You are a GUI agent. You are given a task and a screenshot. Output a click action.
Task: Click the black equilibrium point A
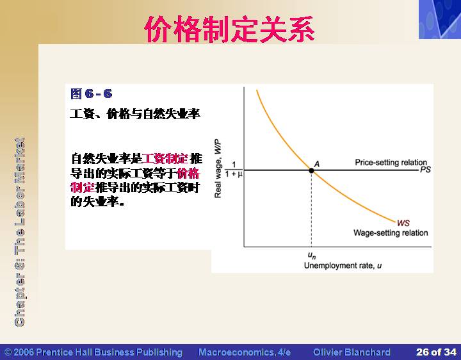(x=311, y=170)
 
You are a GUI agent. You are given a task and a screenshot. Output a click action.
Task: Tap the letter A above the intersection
(x=317, y=164)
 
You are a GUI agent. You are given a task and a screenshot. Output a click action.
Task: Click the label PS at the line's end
(x=425, y=169)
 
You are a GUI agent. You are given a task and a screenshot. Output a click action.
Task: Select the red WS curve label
(x=403, y=223)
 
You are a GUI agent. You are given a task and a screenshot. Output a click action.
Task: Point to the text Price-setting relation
(x=391, y=162)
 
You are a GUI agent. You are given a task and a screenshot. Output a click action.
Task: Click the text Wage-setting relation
(x=391, y=233)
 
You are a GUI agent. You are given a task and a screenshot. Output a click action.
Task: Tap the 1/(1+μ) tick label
(x=234, y=169)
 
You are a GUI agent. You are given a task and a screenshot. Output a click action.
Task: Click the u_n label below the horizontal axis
(x=312, y=256)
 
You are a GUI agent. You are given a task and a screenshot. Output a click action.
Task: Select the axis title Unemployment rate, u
(x=343, y=266)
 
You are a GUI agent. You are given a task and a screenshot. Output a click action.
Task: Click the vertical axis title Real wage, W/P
(x=218, y=168)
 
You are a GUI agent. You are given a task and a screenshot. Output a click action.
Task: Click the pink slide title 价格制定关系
(x=230, y=29)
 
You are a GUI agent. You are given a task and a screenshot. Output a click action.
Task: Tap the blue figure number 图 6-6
(x=92, y=94)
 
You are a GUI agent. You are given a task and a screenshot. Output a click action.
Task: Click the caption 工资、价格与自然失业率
(x=135, y=113)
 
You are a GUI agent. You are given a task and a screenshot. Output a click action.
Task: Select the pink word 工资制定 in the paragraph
(x=165, y=159)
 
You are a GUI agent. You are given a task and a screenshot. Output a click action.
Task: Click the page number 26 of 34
(x=436, y=352)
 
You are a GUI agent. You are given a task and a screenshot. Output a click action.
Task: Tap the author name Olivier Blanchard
(x=352, y=352)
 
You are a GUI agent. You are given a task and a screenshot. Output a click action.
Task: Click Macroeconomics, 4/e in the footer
(x=245, y=352)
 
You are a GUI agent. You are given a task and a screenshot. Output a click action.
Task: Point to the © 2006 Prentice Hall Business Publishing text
(x=93, y=352)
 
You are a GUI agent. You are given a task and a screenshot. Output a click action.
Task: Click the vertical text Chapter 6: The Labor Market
(x=19, y=232)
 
